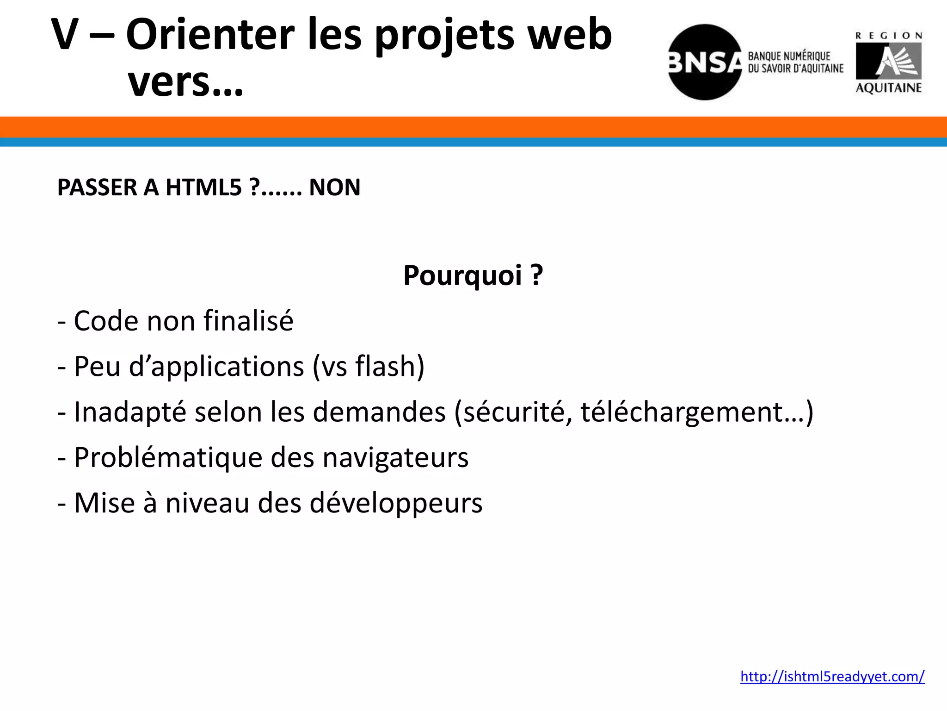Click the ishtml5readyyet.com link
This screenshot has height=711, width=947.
(832, 676)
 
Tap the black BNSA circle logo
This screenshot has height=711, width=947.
(704, 62)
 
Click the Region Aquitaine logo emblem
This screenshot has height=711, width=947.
(888, 61)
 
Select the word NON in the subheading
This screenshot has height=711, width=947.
(334, 187)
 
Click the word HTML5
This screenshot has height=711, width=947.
(203, 187)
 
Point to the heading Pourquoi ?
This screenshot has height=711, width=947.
(473, 275)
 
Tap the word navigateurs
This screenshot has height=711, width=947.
(395, 457)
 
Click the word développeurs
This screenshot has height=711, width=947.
(396, 503)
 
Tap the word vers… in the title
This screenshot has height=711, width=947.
(185, 83)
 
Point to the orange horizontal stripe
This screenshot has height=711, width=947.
(473, 127)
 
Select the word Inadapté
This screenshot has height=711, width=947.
(130, 412)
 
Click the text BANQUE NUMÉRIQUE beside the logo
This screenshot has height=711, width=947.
(789, 56)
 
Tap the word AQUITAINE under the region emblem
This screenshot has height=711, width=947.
(888, 87)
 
